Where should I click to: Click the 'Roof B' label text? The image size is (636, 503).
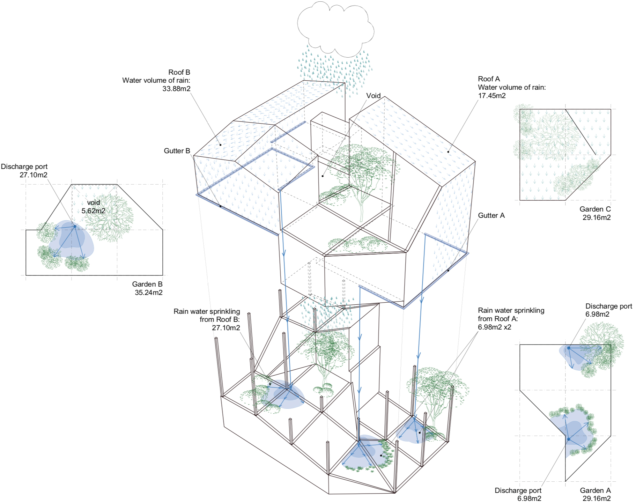pos(179,72)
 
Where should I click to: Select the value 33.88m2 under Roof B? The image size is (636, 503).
pos(176,89)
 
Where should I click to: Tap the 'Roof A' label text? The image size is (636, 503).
pos(489,79)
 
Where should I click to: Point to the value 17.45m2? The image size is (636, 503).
pos(491,96)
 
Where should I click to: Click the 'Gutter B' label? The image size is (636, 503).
pos(177,151)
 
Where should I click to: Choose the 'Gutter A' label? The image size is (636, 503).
pos(491,215)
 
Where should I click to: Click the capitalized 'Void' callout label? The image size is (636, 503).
pos(373,96)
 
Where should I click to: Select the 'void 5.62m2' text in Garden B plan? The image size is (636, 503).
pos(93,207)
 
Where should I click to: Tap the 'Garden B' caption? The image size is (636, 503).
pos(147,284)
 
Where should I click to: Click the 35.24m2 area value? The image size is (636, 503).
pos(148,293)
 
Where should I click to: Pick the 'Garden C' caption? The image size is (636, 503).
pos(595,209)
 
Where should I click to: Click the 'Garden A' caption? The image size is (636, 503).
pos(595,490)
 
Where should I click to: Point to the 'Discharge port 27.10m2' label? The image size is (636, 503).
pos(24,171)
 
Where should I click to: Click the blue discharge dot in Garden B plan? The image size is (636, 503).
pos(75,227)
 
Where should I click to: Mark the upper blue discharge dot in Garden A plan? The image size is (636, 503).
pos(569,348)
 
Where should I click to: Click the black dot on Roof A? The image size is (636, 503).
pos(448,152)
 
